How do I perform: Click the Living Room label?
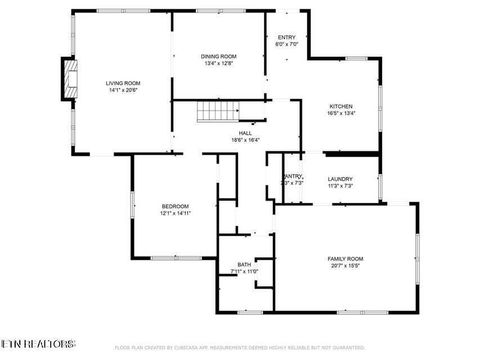124,83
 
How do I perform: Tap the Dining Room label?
219,56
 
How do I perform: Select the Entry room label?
287,38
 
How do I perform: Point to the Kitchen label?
341,107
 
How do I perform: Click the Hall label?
245,133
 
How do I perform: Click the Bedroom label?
175,206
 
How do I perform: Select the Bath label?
244,264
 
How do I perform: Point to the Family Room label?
346,259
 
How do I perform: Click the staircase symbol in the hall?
214,112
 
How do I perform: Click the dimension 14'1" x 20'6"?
124,90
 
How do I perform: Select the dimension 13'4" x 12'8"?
219,63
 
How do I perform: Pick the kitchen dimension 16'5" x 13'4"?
341,114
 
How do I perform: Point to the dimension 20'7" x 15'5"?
346,266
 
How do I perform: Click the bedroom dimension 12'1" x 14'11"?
175,213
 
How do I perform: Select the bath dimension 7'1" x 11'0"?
244,271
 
